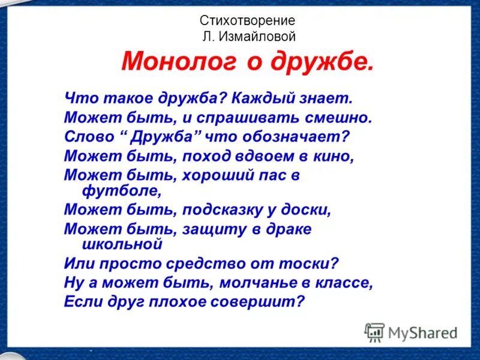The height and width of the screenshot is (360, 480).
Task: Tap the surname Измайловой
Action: (x=265, y=37)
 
